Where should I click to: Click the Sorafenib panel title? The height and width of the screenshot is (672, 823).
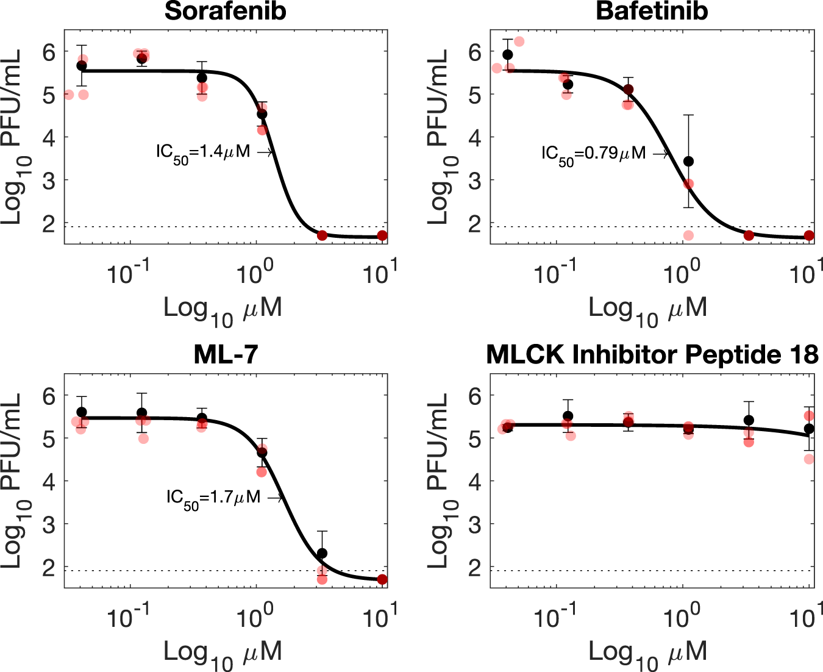pyautogui.click(x=225, y=12)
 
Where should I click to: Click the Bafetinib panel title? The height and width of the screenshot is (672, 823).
pyautogui.click(x=652, y=12)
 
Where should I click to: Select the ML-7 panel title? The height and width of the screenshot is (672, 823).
pyautogui.click(x=226, y=355)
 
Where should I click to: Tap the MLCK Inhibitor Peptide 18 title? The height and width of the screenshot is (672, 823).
pyautogui.click(x=652, y=355)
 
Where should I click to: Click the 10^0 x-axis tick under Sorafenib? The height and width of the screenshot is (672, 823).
pyautogui.click(x=251, y=274)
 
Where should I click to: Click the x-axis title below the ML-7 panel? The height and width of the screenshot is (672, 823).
pyautogui.click(x=223, y=654)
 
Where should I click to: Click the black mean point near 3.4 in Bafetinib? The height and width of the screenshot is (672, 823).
pyautogui.click(x=688, y=161)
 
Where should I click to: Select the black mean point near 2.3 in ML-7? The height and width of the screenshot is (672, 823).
pyautogui.click(x=322, y=553)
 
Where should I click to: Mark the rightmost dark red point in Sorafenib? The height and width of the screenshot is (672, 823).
pyautogui.click(x=382, y=235)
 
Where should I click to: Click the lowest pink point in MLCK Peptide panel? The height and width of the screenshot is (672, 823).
pyautogui.click(x=809, y=459)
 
